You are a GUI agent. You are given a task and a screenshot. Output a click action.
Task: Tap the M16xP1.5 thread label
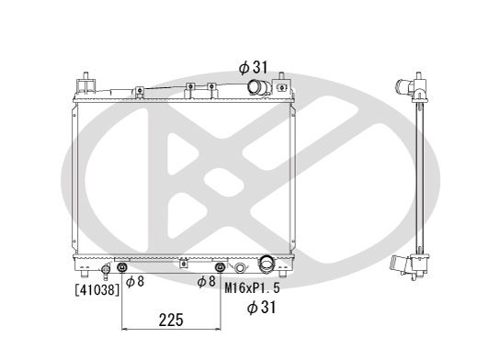point(252,287)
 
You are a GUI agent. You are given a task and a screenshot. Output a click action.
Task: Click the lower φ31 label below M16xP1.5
point(262,308)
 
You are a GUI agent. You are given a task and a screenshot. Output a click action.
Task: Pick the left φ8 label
point(134,281)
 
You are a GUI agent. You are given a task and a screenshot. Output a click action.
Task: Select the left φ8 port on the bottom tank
point(123,268)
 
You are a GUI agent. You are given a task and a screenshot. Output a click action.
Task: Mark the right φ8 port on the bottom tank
point(219,268)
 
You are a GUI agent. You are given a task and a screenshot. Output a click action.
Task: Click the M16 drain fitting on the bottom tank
point(241,268)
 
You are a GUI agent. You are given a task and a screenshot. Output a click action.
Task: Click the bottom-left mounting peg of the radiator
point(85,275)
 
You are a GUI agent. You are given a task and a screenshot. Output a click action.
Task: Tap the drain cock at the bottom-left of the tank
point(106,269)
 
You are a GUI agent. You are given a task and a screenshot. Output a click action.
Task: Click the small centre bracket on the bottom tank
point(185,264)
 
